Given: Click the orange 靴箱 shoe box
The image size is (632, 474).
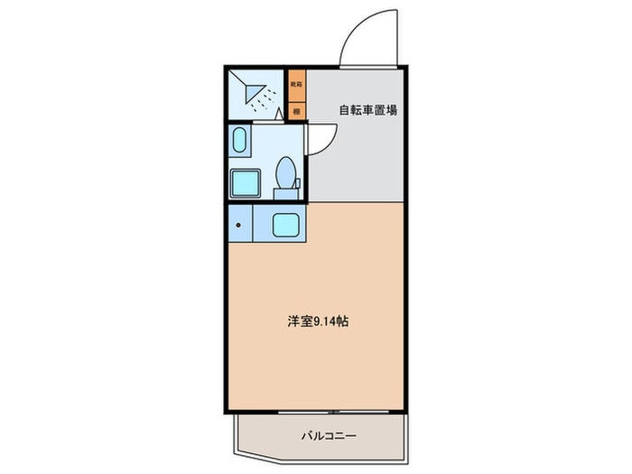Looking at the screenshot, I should [296, 84].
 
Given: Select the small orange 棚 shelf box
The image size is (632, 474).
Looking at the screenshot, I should [296, 111].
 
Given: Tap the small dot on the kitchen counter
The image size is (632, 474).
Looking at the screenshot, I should [238, 224].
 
